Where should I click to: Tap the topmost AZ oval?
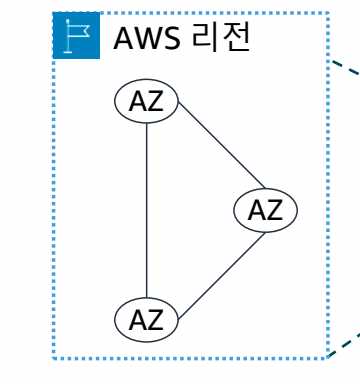[x=147, y=100]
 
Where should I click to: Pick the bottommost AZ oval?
[x=147, y=320]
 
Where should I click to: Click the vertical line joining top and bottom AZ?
[x=147, y=210]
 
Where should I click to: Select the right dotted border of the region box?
[x=327, y=200]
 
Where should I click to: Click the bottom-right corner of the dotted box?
[x=327, y=356]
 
